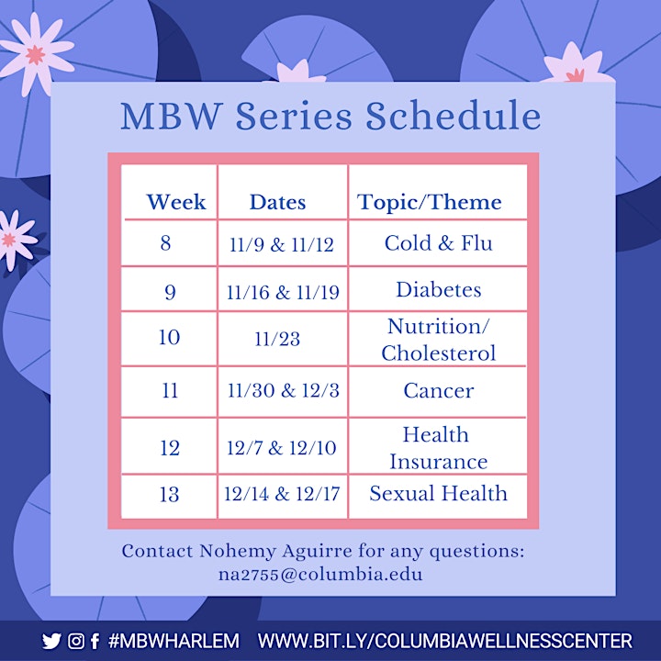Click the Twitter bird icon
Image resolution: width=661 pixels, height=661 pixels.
(51, 641)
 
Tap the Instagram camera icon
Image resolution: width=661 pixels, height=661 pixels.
(76, 641)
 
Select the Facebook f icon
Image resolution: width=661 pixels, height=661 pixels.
(95, 641)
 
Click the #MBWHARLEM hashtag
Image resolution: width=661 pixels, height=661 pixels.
(174, 641)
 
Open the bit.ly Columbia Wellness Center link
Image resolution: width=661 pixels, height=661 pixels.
(444, 641)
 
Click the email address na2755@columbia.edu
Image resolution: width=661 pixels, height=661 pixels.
(320, 574)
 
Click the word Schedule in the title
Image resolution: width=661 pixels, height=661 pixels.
(453, 116)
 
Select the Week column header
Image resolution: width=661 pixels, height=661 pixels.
(175, 201)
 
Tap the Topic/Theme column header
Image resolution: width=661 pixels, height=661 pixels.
(429, 202)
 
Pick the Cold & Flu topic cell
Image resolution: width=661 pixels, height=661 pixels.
(439, 243)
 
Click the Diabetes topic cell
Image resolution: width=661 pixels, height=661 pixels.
(439, 289)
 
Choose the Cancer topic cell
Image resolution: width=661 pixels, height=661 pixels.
(439, 391)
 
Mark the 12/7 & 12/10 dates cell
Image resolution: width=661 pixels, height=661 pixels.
(282, 448)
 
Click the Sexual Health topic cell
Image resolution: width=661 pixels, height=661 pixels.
(439, 493)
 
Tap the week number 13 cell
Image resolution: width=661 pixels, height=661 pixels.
(170, 495)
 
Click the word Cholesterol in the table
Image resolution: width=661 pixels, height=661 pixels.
(439, 353)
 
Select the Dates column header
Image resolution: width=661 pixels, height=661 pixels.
(278, 202)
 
